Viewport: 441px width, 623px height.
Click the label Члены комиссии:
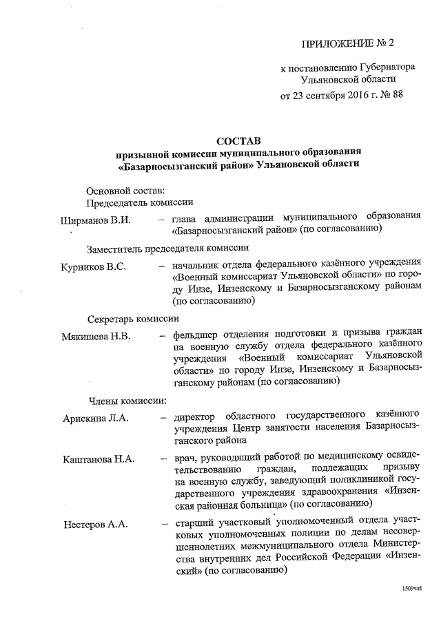pyautogui.click(x=126, y=400)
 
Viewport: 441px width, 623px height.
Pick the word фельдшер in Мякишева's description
pyautogui.click(x=196, y=336)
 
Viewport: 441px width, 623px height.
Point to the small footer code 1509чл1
pyautogui.click(x=411, y=589)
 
